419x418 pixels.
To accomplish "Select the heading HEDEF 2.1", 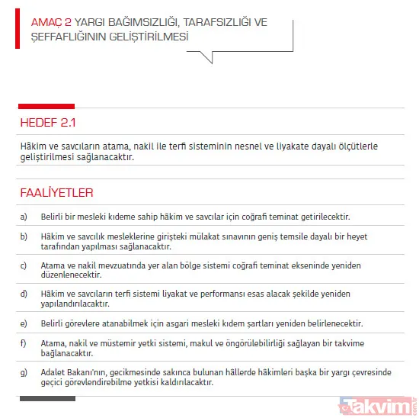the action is pos(49,121).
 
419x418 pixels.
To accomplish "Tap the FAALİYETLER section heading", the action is pos(56,193).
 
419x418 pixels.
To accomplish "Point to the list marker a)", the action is pos(24,217).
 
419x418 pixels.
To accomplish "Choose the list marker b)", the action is pos(24,237).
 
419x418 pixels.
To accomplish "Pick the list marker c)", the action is pos(24,265).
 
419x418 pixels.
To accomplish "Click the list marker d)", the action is pos(24,294).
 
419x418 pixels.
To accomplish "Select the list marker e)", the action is pos(24,323).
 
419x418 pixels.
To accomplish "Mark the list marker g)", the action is pos(24,372).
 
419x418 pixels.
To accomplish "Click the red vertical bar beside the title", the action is pos(18,30).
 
